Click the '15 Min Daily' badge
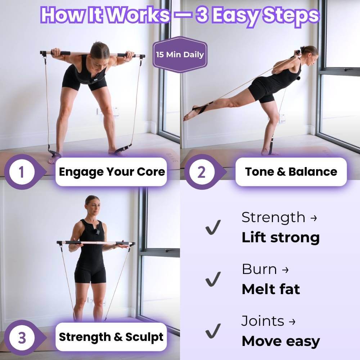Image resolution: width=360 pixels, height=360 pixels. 180,55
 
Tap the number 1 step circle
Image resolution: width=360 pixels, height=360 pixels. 21,172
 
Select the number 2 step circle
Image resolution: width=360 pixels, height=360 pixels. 201,172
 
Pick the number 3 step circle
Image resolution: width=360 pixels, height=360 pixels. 22,338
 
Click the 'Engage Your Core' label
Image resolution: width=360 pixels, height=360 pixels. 112,172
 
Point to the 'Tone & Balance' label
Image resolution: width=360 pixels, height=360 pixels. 291,172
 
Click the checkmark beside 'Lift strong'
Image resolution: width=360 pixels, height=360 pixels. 213,228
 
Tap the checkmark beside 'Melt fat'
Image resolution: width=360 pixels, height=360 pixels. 213,279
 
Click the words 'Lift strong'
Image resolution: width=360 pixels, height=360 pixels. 280,238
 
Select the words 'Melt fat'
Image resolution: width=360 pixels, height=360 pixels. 271,289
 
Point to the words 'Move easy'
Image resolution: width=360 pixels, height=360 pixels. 280,341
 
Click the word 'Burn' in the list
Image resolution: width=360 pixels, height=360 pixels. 259,269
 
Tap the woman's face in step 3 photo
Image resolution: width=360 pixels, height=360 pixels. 92,205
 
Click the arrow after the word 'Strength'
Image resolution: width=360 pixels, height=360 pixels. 313,218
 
